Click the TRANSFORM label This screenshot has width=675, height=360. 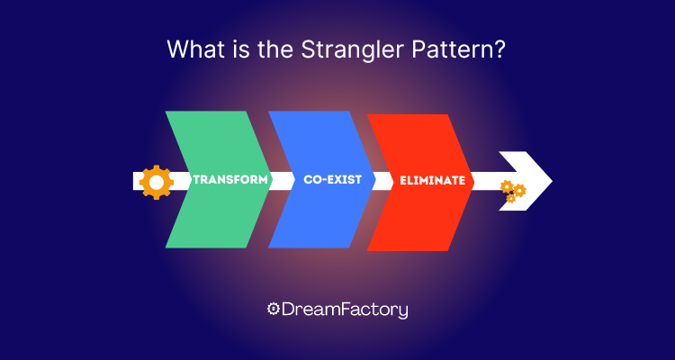pos(231,180)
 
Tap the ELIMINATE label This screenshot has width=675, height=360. pos(433,180)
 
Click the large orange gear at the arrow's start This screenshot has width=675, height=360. pos(157,181)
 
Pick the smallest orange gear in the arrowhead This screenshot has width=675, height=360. pos(510,198)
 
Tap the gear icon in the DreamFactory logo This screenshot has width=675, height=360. pos(274,310)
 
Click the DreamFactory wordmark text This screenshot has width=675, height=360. pos(346,310)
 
